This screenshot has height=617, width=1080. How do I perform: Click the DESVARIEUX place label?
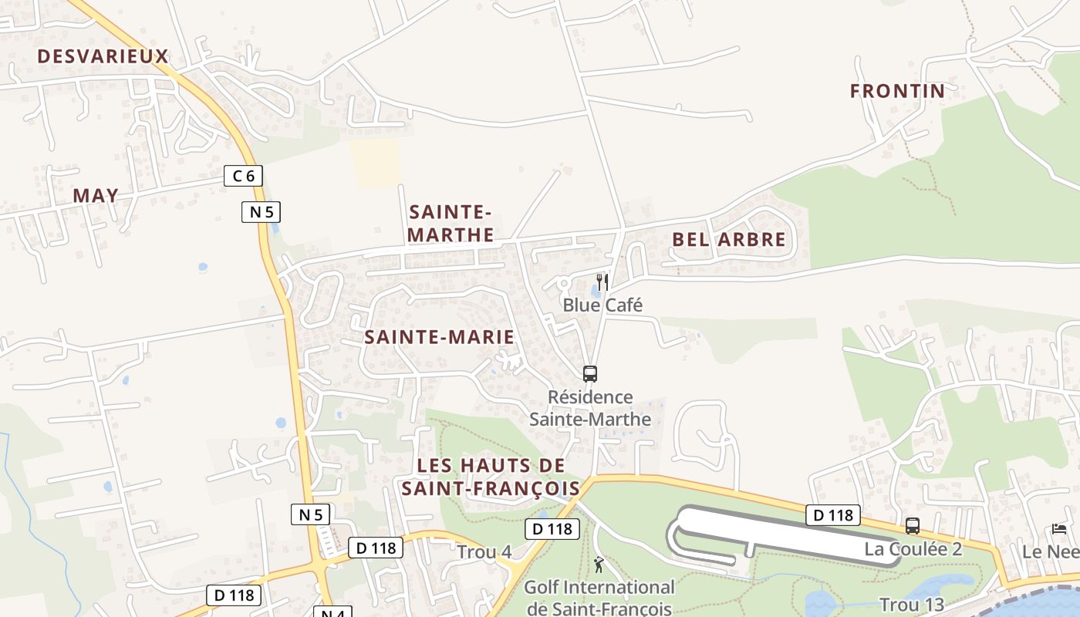103,56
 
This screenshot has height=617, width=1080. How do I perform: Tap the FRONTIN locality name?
897,91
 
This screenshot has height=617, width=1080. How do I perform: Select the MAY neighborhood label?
96,196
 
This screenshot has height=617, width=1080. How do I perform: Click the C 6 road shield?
243,176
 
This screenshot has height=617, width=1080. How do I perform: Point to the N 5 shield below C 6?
261,211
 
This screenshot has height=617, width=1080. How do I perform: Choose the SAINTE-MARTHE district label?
451,223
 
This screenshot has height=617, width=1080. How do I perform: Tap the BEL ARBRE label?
728,240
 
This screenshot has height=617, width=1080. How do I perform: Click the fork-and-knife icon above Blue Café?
602,282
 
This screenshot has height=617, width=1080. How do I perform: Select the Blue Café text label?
602,305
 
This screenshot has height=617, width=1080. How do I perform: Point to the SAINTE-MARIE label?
439,337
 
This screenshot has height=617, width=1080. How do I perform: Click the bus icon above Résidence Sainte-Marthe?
590,374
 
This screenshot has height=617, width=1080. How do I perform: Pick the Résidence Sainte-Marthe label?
590,409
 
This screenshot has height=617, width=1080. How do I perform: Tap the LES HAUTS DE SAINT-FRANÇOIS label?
491,477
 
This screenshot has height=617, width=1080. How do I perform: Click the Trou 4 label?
484,552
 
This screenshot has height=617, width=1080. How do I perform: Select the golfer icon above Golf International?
599,565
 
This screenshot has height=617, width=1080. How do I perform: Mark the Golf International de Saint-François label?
599,598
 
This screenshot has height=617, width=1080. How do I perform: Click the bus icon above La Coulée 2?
913,526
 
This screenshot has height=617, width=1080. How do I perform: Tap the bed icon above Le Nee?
1059,529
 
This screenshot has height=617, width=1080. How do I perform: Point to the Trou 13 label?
912,605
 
